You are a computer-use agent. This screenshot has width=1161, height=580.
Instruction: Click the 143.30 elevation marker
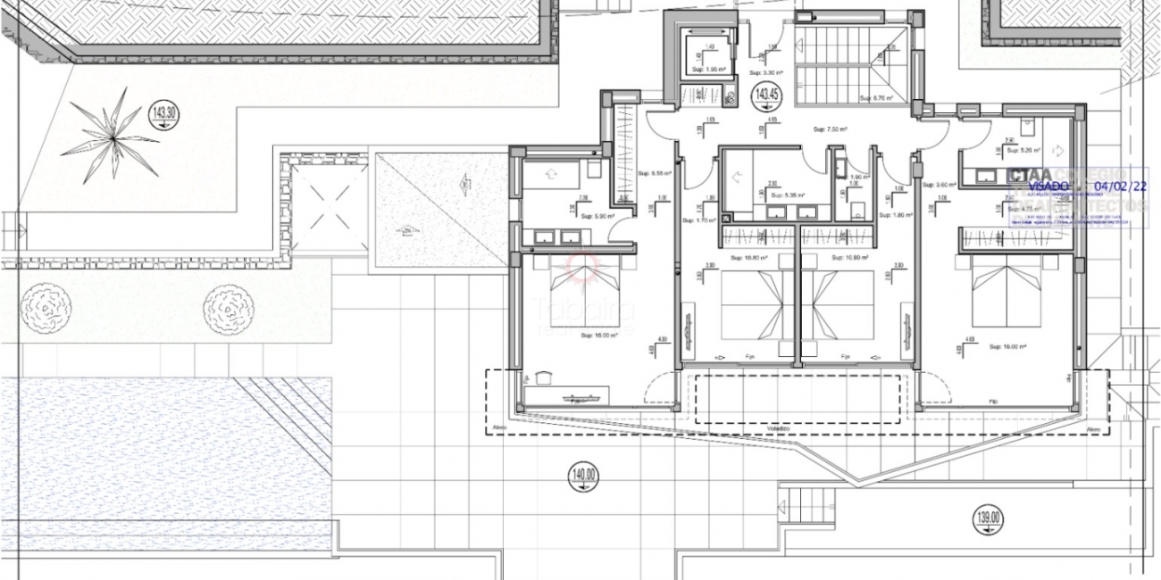point(164,113)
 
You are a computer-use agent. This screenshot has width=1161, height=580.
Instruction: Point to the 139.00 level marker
point(989,517)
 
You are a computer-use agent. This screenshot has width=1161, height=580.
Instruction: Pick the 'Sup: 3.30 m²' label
point(765,72)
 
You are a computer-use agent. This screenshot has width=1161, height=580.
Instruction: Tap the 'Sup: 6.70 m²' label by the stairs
point(876,98)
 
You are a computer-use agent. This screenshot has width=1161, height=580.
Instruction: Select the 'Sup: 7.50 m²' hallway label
point(829,130)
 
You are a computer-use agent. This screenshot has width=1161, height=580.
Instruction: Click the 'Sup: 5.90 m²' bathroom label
point(597,216)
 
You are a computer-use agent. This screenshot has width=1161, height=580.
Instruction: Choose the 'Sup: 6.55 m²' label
point(656,173)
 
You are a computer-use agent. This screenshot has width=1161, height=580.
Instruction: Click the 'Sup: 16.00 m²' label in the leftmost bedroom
point(599,336)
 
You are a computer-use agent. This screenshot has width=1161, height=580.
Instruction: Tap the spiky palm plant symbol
point(113,136)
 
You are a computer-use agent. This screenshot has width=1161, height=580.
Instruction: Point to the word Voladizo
point(778,429)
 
